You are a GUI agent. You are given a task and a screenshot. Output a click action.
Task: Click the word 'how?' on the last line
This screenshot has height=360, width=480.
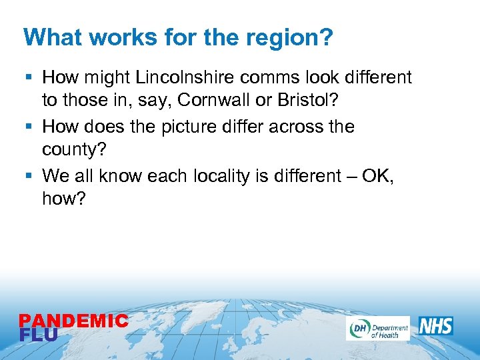(64, 199)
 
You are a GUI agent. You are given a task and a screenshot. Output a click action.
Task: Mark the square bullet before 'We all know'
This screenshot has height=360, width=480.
(29, 176)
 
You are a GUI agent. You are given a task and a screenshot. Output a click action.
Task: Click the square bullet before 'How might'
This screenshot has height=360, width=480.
(29, 78)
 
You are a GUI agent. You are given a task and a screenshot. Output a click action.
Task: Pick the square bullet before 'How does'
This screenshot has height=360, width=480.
(29, 127)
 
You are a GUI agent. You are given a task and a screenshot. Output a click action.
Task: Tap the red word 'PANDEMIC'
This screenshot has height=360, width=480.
(73, 321)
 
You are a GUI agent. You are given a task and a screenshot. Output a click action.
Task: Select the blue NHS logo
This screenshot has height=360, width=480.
(435, 326)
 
